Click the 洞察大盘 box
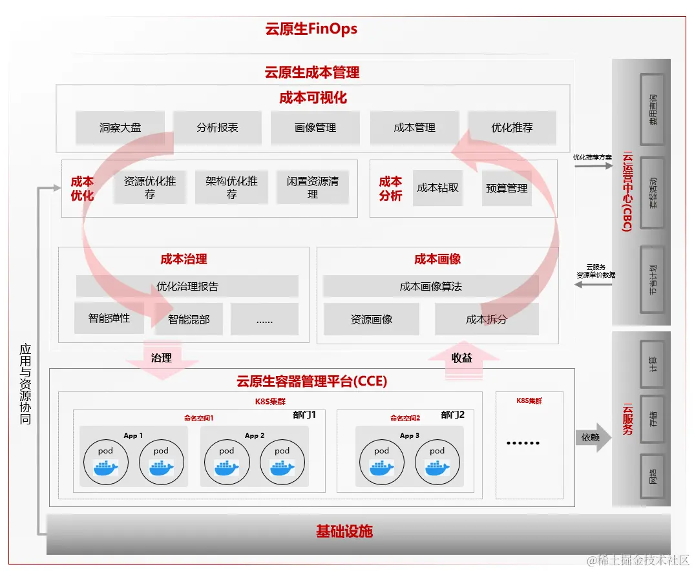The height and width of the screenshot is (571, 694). (x=120, y=128)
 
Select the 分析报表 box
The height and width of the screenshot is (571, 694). (x=218, y=128)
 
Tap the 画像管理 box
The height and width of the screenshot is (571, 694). (x=315, y=128)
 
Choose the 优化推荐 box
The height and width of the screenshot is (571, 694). (x=512, y=128)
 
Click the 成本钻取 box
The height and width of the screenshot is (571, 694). (x=437, y=188)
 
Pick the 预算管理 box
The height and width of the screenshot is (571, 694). (x=507, y=189)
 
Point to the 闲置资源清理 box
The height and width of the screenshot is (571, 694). (x=313, y=187)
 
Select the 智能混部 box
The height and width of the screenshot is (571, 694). (x=189, y=319)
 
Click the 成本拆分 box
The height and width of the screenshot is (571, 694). (x=487, y=319)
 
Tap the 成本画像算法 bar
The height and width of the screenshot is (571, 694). (x=430, y=286)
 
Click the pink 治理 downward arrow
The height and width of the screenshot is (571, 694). (x=162, y=359)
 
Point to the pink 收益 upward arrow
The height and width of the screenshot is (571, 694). (x=463, y=359)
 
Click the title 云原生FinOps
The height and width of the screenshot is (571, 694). (x=311, y=29)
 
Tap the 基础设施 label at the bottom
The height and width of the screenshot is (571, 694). (x=344, y=532)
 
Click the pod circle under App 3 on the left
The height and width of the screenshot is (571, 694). (x=382, y=462)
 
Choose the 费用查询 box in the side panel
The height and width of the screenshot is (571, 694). (x=653, y=109)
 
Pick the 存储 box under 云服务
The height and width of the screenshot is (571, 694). (x=653, y=419)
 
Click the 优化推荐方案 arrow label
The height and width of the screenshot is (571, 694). (x=592, y=157)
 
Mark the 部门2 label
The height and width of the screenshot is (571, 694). (x=453, y=415)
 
